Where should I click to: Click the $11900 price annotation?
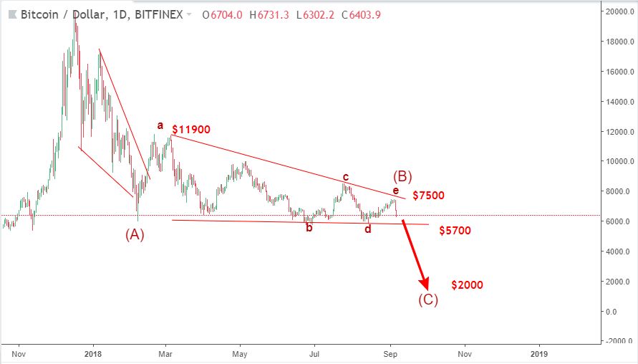click(191, 130)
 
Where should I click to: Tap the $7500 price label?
click(428, 195)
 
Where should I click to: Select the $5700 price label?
click(455, 231)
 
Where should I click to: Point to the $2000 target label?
click(467, 285)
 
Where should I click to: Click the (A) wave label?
click(135, 234)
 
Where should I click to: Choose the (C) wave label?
click(428, 300)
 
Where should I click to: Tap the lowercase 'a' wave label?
click(160, 126)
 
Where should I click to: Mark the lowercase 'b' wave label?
click(309, 229)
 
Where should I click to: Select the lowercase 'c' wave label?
click(345, 177)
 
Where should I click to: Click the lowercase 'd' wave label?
click(368, 229)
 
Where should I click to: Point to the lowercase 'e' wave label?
click(395, 191)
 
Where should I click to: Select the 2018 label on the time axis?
click(92, 353)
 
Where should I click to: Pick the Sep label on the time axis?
click(390, 353)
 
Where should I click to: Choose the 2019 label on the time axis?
click(539, 353)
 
